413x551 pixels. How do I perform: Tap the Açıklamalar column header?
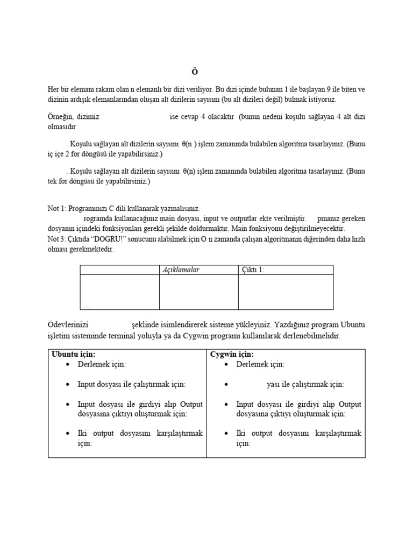pos(181,270)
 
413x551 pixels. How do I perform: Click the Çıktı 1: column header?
pos(253,270)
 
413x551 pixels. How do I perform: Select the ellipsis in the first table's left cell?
pos(87,306)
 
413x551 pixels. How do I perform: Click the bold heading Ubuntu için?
pos(74,354)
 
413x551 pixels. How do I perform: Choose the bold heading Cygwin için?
pos(232,354)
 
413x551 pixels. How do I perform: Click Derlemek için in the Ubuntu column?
pos(102,364)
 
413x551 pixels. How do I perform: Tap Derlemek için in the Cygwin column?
pos(260,364)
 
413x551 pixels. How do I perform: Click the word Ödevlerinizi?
pos(68,325)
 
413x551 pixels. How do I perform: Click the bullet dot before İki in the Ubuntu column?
pos(67,434)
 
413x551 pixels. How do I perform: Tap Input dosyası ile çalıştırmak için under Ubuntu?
pos(132,384)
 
